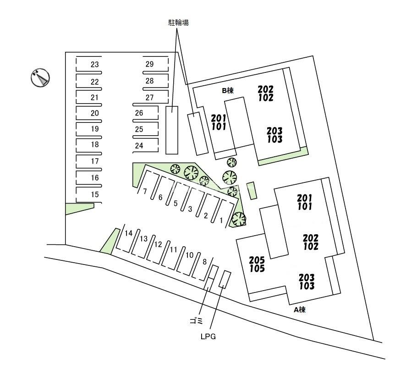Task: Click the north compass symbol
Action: [40, 77]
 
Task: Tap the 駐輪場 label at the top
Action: [178, 22]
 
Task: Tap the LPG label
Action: [208, 336]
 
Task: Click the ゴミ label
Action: [196, 321]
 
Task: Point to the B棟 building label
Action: [228, 91]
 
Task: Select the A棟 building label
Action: [300, 309]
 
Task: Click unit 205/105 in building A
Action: [257, 264]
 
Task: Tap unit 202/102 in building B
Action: [265, 94]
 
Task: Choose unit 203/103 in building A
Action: [307, 282]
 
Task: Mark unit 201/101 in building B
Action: [219, 122]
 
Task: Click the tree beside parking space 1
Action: [239, 219]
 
